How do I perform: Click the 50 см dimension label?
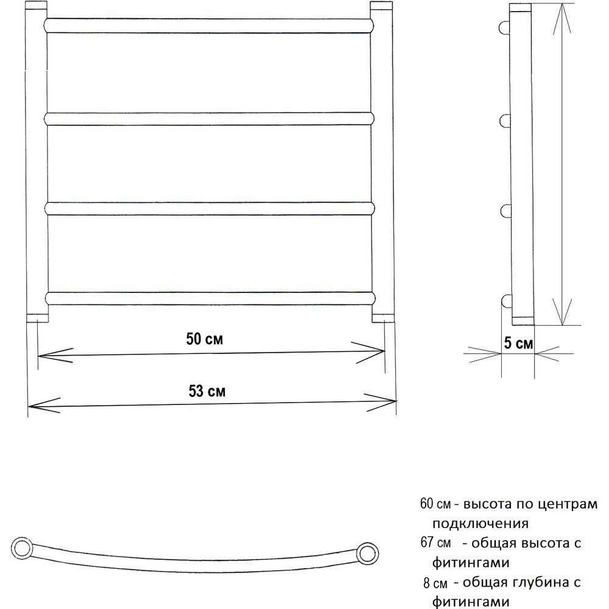204,339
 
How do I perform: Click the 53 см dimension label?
207,391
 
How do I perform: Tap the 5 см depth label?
518,343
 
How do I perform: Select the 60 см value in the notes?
435,504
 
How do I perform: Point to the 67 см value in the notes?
435,543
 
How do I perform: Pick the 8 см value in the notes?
435,583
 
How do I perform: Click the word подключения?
481,524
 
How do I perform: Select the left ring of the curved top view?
21,548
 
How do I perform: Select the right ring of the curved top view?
367,553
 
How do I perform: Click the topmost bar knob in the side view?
504,27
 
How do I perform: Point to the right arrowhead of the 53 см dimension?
380,401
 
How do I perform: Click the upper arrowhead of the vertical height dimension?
562,18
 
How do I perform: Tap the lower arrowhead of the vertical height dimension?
562,311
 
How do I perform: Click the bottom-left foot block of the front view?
38,318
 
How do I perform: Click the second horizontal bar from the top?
209,119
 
